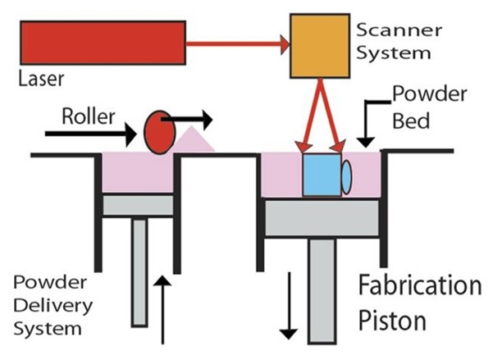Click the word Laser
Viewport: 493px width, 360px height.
coord(39,79)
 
